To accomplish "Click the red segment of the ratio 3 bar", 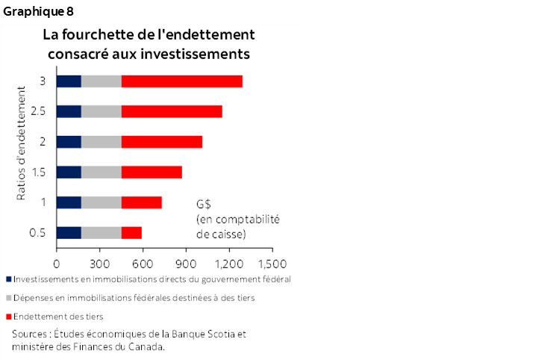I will (181, 81).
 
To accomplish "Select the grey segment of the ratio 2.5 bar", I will (101, 111).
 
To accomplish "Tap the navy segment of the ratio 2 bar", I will (69, 142).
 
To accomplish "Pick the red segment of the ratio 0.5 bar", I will (131, 232).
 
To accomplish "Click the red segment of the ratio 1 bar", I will (141, 202).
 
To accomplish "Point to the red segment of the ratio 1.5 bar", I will (152, 172).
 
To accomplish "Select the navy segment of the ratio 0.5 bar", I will (69, 232).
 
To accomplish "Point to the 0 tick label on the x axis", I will (57, 263).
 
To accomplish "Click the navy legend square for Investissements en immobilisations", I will (8, 279).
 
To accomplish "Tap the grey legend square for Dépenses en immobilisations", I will (8, 297).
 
